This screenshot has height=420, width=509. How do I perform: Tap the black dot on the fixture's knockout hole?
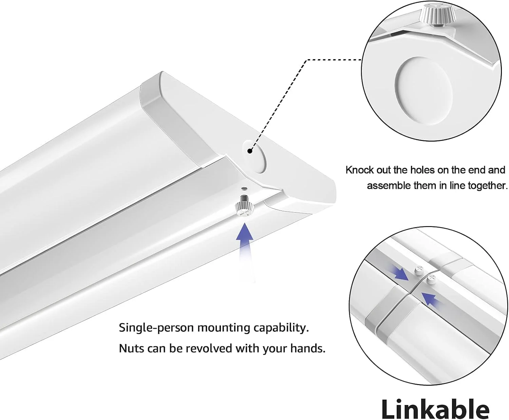tap(250, 151)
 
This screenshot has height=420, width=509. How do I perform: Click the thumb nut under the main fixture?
tap(244, 206)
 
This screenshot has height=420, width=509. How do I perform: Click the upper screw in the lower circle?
tap(419, 271)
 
